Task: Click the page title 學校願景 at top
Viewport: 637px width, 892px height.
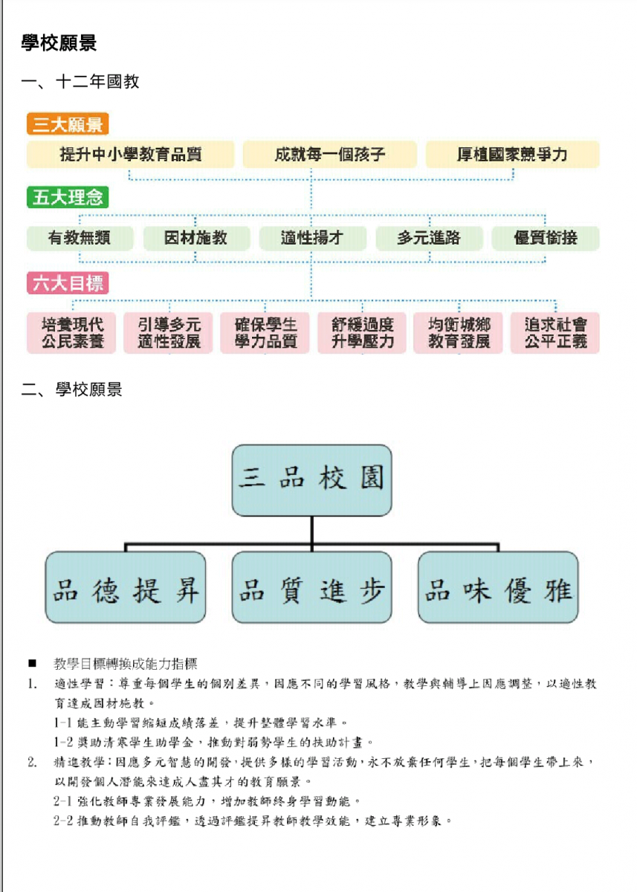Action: [x=59, y=43]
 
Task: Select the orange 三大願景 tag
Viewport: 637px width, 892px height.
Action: [x=68, y=124]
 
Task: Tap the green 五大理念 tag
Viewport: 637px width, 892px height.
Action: [x=68, y=197]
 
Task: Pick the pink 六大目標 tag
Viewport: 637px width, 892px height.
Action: [x=68, y=283]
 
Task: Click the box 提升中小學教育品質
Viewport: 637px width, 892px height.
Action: [x=131, y=154]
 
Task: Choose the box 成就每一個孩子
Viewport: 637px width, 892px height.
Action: [x=329, y=154]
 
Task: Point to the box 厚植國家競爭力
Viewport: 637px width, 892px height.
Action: [x=512, y=154]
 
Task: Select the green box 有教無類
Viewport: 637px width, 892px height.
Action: [x=80, y=238]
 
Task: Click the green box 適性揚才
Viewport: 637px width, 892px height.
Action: [x=312, y=238]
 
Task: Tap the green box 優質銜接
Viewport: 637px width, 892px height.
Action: [x=546, y=238]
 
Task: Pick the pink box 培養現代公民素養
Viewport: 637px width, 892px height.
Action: [x=71, y=333]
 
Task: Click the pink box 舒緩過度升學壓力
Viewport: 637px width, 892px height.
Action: [x=362, y=333]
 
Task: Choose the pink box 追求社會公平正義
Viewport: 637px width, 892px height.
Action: [x=555, y=333]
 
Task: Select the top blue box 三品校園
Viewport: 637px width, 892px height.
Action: [x=311, y=480]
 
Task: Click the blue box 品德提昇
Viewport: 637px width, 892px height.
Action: [x=126, y=587]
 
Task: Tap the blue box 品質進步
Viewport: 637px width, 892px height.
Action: [x=311, y=587]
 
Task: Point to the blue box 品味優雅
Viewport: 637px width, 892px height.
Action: [x=498, y=587]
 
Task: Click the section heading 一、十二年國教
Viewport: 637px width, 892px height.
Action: [x=80, y=82]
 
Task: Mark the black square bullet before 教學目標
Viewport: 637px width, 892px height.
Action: [x=32, y=663]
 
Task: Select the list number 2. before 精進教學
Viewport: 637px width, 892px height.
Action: [x=32, y=763]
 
